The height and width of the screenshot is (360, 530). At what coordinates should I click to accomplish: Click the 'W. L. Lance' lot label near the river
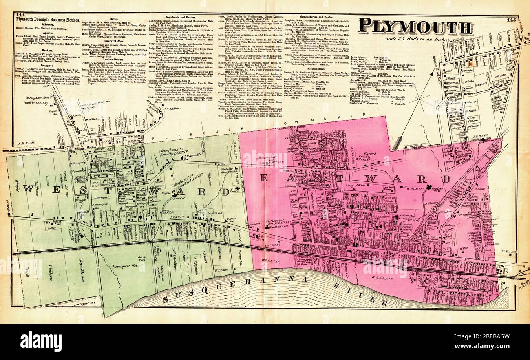221,270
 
